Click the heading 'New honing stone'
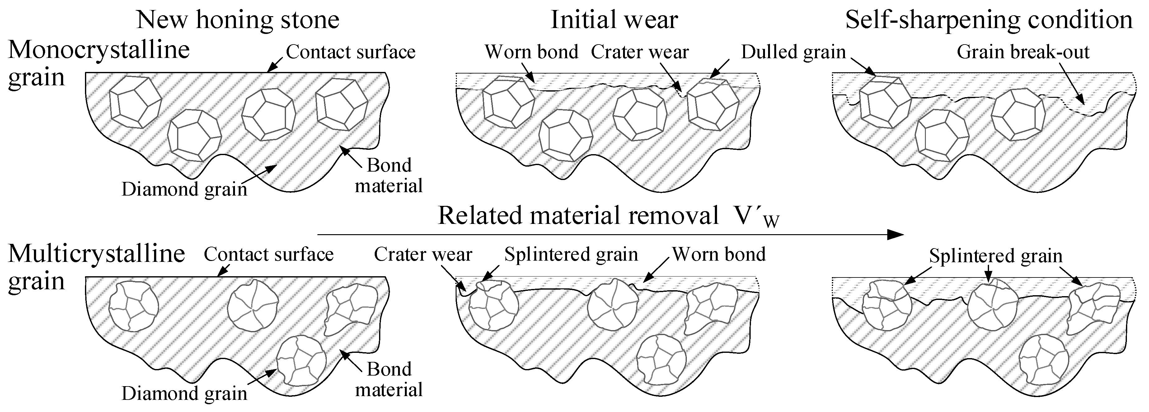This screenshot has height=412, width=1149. point(238,20)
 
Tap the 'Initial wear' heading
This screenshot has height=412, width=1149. point(614,20)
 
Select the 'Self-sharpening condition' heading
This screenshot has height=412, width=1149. point(988,20)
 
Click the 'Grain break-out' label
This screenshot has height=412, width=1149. point(1023,52)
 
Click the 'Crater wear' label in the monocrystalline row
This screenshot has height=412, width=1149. point(640,52)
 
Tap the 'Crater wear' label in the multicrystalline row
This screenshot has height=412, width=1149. point(423,254)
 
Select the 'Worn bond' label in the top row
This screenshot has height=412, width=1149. point(531,52)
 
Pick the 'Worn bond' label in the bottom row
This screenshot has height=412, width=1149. point(719,254)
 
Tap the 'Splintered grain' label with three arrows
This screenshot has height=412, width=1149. point(996,256)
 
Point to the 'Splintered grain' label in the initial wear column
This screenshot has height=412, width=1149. point(571,254)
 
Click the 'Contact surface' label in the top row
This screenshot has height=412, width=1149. point(351,52)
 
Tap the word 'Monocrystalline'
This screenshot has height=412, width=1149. point(99,50)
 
